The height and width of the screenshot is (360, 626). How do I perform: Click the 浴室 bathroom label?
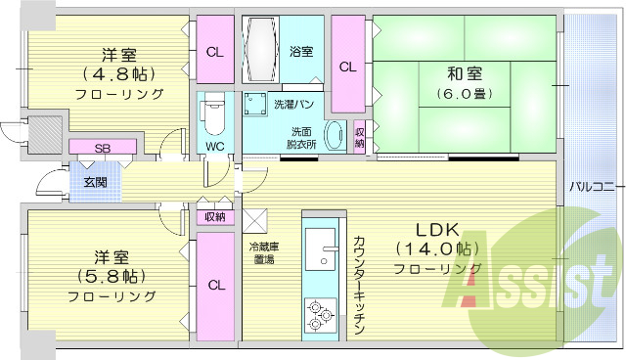[x=301, y=52]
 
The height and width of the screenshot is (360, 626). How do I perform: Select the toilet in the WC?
[x=212, y=115]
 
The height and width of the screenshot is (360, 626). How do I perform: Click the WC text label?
[x=212, y=148]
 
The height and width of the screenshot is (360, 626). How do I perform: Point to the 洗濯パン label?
[x=265, y=103]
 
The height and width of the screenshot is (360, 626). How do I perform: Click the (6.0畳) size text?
[x=465, y=95]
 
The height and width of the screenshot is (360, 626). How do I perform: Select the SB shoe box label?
[x=102, y=148]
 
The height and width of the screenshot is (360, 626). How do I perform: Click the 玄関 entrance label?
[x=96, y=182]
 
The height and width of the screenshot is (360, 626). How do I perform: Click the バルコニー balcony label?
[x=591, y=185]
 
